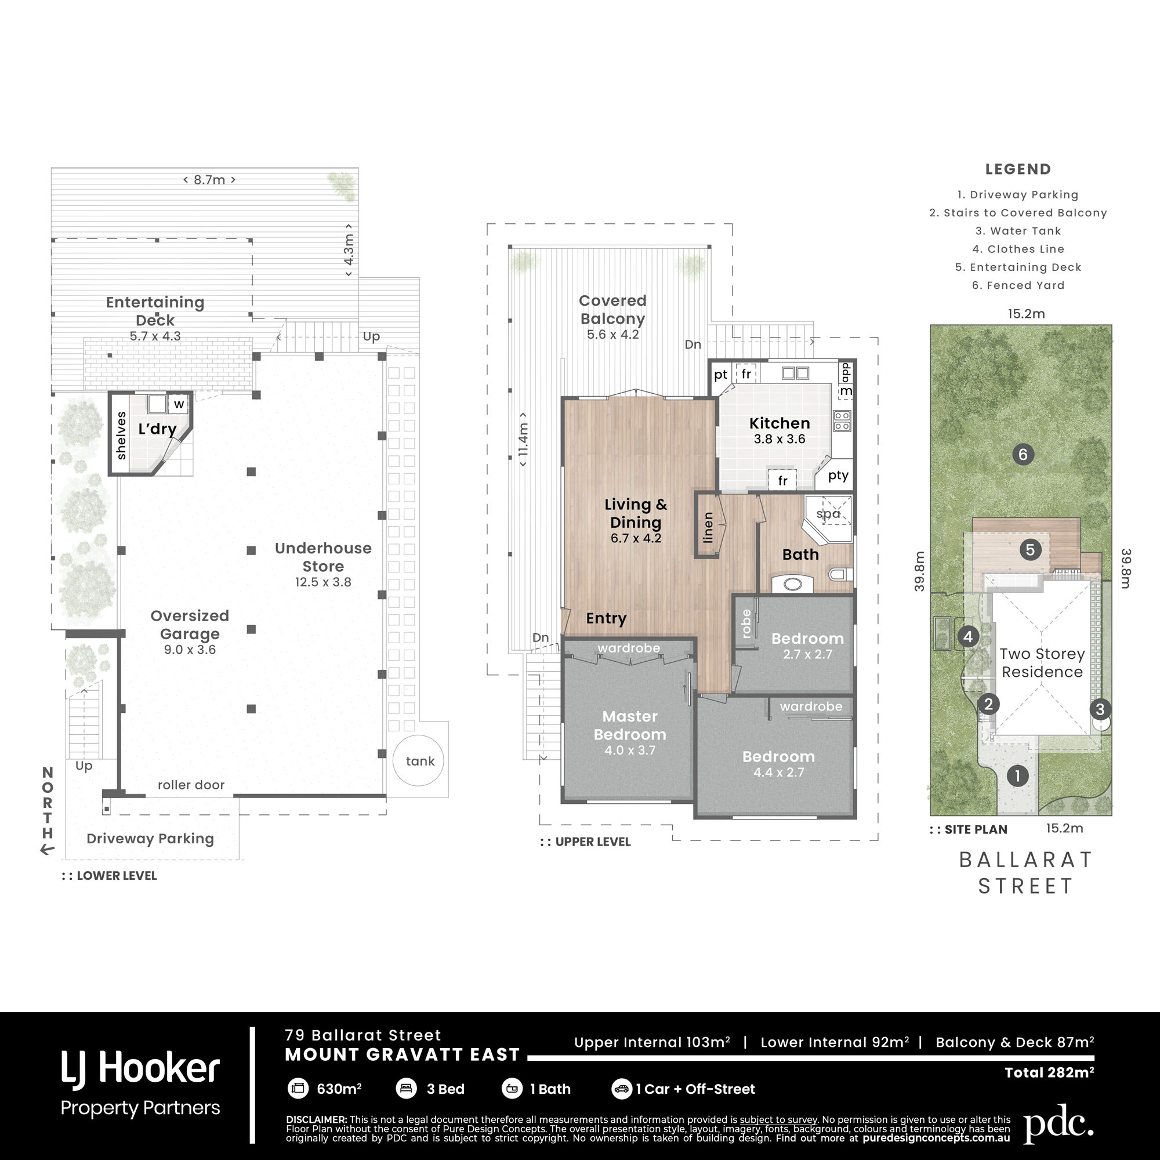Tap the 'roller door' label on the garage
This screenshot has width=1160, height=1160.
191,785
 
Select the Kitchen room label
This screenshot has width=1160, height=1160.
780,423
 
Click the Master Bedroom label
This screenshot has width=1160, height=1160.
630,726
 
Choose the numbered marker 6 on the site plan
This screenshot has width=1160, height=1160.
1023,455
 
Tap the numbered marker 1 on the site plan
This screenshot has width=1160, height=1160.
1017,775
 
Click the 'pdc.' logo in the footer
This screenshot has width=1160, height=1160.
1058,1122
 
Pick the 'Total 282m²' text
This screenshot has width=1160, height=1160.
1050,1072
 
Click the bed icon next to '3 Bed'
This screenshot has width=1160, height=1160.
407,1089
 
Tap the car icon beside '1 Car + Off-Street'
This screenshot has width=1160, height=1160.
621,1089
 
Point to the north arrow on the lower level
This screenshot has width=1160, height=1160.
48,849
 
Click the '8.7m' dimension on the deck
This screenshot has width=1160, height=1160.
209,180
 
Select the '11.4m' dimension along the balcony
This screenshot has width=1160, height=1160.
524,439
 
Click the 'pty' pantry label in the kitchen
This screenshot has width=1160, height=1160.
838,476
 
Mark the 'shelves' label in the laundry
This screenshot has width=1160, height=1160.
121,436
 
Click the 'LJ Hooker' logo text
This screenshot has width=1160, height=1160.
140,1070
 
